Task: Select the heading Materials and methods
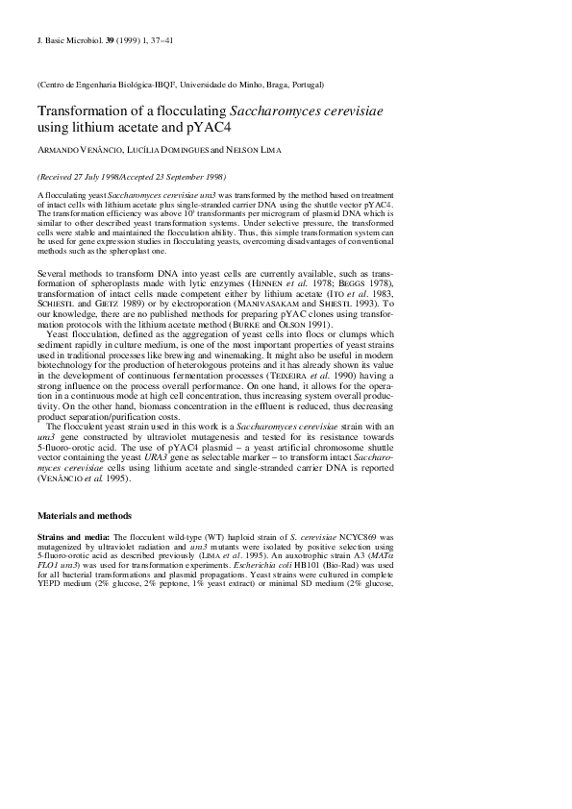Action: pyautogui.click(x=84, y=516)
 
